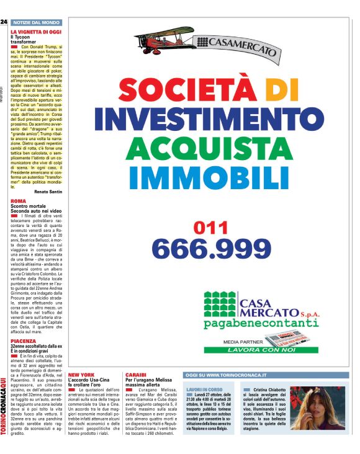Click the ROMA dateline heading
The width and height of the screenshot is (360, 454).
[18, 201]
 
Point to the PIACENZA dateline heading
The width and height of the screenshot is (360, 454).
[23, 342]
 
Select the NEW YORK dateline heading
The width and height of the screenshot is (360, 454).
[81, 375]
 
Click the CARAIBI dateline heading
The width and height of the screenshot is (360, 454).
[136, 375]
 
